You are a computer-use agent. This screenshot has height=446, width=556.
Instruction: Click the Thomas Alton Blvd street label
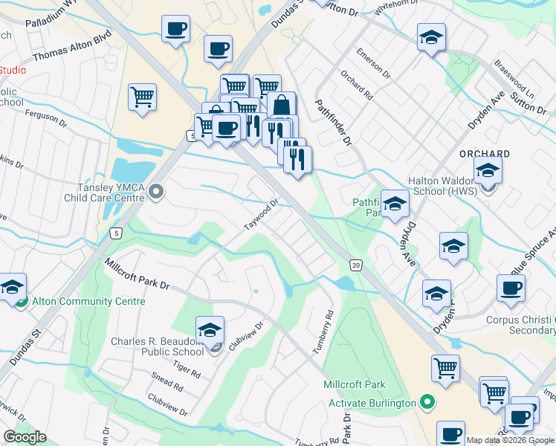pos(72,44)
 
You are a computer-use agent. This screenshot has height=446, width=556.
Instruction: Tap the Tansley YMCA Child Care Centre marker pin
pos(155,193)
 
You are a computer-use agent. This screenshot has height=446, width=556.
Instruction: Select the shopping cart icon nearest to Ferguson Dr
pos(142,97)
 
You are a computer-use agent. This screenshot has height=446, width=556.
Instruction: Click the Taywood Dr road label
pos(262,214)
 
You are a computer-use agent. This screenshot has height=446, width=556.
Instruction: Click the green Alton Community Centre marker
pos(21,301)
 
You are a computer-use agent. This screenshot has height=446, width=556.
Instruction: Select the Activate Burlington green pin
pos(427,403)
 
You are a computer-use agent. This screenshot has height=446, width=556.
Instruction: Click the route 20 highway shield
pos(357,265)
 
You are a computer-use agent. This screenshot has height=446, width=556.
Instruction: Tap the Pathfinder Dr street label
pos(335,122)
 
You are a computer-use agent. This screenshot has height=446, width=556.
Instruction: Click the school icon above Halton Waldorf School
pos(488,169)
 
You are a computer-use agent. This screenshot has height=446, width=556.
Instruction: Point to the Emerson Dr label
pos(372,63)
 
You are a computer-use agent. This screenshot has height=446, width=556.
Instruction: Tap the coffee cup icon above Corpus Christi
pos(511,288)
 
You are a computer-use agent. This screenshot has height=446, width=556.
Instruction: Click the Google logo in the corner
pos(25,437)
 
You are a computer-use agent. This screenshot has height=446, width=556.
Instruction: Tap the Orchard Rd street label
pos(357,85)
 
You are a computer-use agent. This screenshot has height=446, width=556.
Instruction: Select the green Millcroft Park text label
pos(355,384)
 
